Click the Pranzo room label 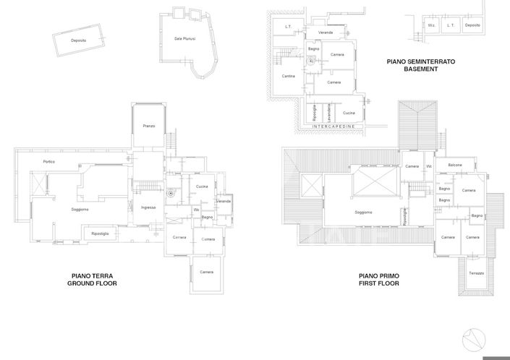click(x=148, y=127)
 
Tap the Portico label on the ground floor click(x=49, y=161)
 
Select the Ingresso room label click(x=148, y=207)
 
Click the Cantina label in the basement click(x=289, y=76)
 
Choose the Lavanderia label click(x=328, y=113)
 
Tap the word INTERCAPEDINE click(x=333, y=127)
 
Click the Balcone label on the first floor click(x=455, y=166)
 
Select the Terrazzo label click(x=475, y=273)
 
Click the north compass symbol click(x=475, y=338)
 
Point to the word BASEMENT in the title click(x=420, y=70)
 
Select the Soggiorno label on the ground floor click(x=80, y=210)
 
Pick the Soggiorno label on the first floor click(x=363, y=213)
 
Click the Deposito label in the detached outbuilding click(x=79, y=40)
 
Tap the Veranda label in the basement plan click(x=326, y=33)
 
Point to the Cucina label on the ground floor click(x=202, y=187)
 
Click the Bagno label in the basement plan click(x=313, y=48)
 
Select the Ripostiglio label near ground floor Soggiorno click(x=100, y=233)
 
